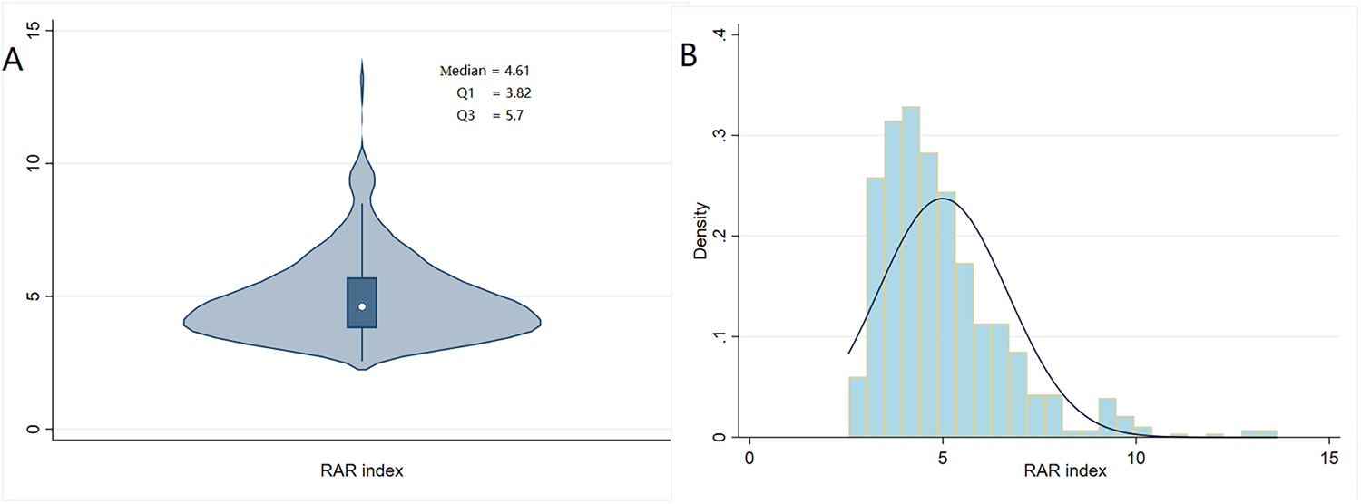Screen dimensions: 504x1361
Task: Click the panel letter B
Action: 689,55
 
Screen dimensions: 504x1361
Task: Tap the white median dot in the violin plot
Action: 362,306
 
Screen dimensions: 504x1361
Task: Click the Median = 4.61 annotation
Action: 491,70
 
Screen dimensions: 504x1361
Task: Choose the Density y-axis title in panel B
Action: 700,236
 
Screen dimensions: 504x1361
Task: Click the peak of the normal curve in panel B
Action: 943,199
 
